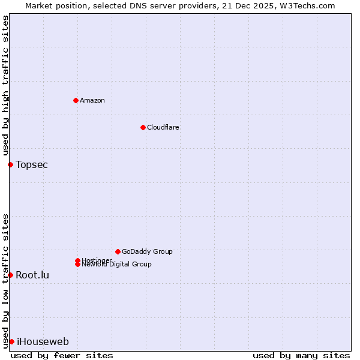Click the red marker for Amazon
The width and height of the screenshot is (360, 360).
point(76,100)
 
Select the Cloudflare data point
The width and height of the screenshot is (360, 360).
point(143,127)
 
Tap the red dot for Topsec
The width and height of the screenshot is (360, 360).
point(10,164)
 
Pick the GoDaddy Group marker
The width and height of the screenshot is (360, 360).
point(118,251)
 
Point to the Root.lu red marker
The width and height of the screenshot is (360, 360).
point(10,275)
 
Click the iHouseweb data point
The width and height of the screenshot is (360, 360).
point(11,341)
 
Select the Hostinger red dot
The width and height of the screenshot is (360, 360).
point(77,260)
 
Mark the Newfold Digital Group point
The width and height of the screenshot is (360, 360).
point(77,264)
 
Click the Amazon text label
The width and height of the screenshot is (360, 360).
point(92,100)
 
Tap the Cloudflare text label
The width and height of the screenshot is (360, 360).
point(163,127)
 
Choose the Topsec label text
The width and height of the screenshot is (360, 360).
point(32,164)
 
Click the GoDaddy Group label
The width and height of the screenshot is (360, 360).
point(147,251)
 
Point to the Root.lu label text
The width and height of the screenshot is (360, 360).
point(32,275)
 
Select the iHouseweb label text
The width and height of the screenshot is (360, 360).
point(43,342)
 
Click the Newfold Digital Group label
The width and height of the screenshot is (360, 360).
point(116,265)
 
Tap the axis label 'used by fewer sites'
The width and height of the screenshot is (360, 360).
point(62,355)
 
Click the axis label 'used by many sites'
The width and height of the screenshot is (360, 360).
point(301,355)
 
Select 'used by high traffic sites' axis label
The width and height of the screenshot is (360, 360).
point(5,85)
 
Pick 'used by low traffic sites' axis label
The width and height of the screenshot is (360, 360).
point(5,280)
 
